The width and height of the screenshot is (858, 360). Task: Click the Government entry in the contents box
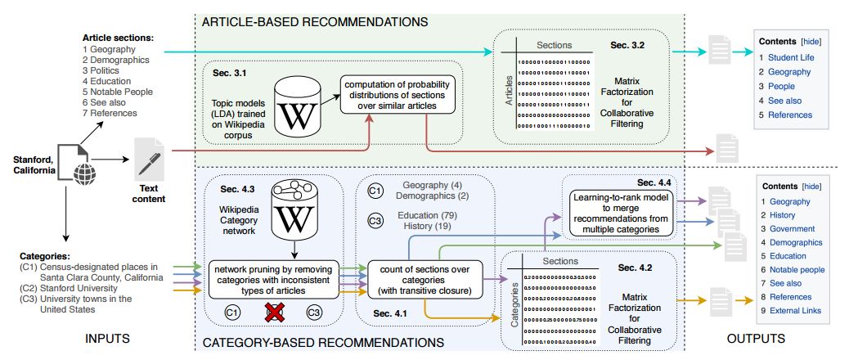(792, 229)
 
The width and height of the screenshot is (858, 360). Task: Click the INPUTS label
(110, 338)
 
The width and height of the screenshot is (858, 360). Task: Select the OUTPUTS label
(757, 338)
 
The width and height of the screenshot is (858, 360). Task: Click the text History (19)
(422, 225)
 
